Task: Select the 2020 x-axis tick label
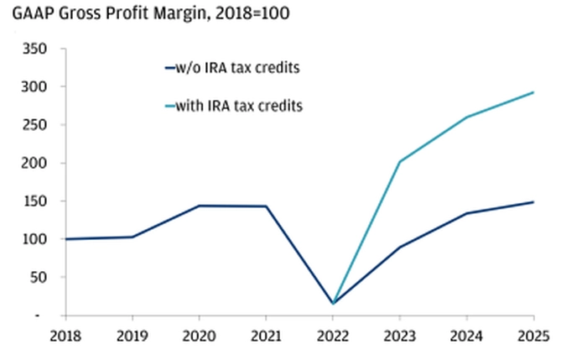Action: click(200, 336)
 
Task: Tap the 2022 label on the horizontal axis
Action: click(333, 336)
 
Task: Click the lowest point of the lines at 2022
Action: click(333, 303)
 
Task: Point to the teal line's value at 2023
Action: click(399, 161)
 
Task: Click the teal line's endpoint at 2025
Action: click(533, 92)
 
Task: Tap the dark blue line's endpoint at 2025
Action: click(533, 201)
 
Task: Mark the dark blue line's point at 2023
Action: click(399, 248)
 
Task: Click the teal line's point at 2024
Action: click(466, 117)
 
